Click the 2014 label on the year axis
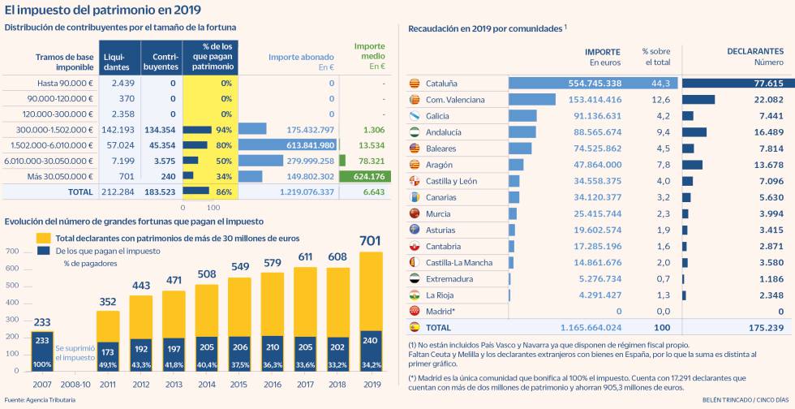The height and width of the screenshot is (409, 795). (206, 384)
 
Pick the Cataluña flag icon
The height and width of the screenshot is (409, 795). (414, 84)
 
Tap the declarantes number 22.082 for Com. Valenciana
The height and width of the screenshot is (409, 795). (767, 100)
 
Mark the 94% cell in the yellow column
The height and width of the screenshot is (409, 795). (224, 130)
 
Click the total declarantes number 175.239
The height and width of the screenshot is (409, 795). (764, 327)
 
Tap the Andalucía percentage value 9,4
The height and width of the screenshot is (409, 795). (662, 132)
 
